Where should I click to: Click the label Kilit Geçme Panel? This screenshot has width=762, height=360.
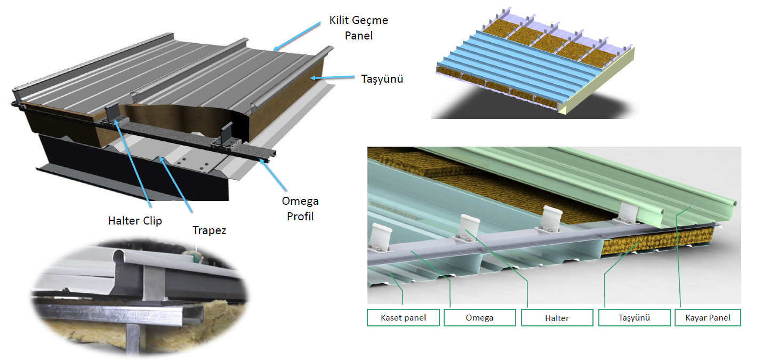point(358,28)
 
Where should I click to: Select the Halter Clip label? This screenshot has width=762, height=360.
point(134,221)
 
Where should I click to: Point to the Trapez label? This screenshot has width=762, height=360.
point(209,230)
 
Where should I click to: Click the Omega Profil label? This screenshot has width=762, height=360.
point(300,209)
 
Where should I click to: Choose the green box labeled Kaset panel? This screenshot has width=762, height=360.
point(403,318)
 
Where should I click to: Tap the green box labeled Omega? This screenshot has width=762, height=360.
point(479,318)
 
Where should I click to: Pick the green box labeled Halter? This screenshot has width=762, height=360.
point(557,318)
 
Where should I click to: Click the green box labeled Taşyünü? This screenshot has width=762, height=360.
point(634,318)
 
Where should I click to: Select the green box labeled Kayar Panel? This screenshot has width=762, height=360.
point(708,318)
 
